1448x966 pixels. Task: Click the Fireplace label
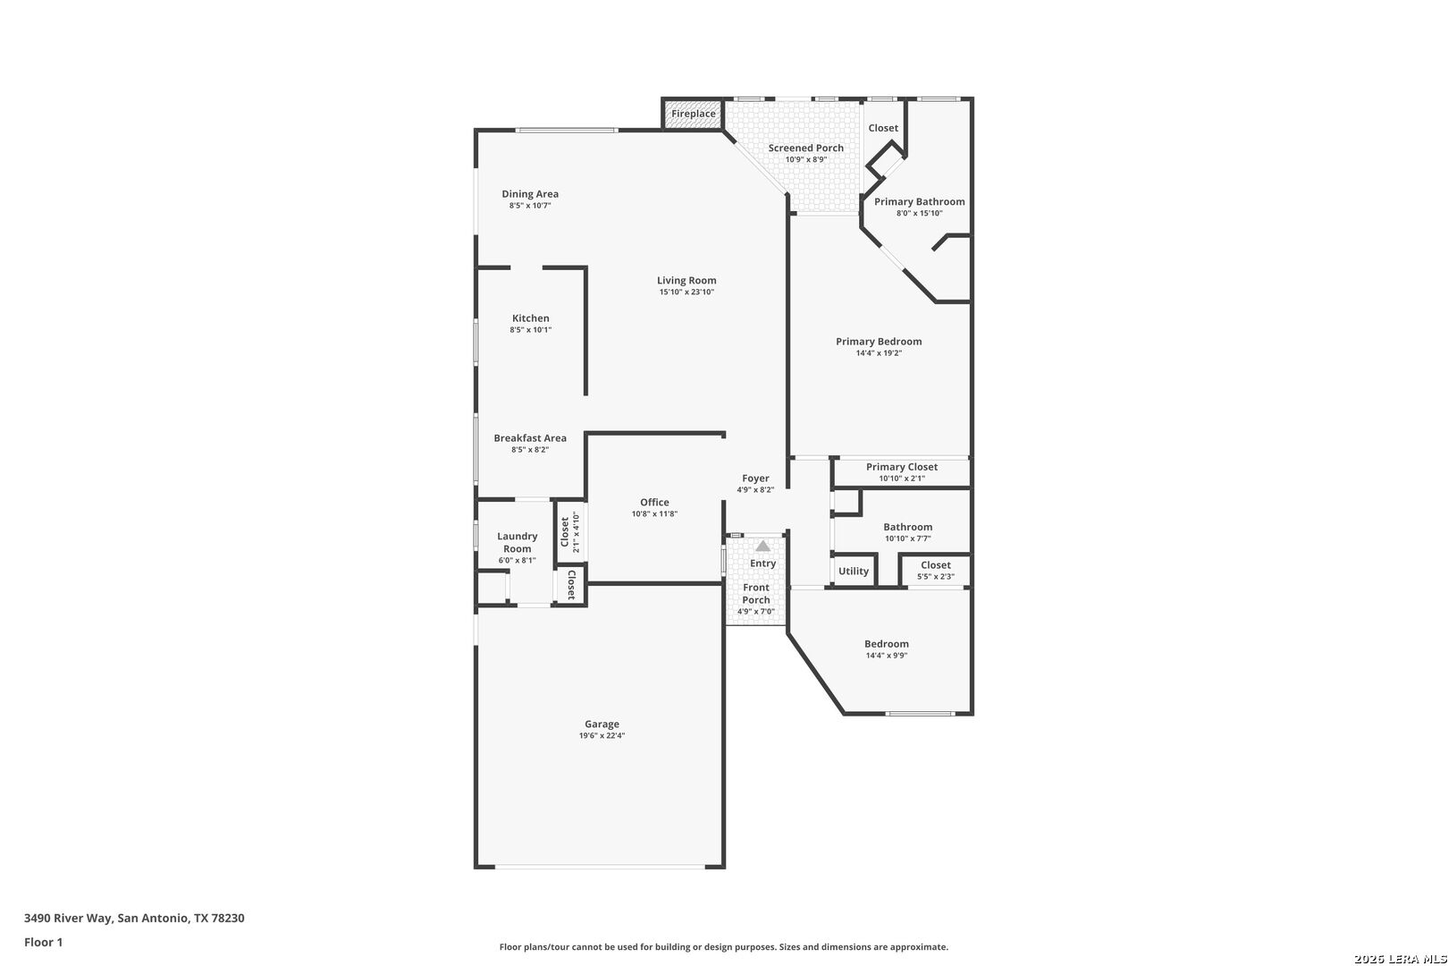pyautogui.click(x=693, y=114)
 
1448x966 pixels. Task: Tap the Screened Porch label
pyautogui.click(x=805, y=148)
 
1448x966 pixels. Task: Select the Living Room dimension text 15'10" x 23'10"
pyautogui.click(x=686, y=292)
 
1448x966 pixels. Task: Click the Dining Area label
pyautogui.click(x=530, y=194)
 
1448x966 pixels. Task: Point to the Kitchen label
pyautogui.click(x=531, y=318)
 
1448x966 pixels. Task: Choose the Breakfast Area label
pyautogui.click(x=530, y=438)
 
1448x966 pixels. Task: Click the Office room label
pyautogui.click(x=655, y=502)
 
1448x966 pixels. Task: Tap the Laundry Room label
pyautogui.click(x=518, y=542)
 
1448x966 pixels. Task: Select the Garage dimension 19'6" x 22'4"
pyautogui.click(x=602, y=735)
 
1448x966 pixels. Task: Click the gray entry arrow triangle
pyautogui.click(x=762, y=547)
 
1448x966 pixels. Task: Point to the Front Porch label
pyautogui.click(x=755, y=593)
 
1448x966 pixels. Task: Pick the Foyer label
pyautogui.click(x=755, y=479)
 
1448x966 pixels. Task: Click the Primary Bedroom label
pyautogui.click(x=879, y=342)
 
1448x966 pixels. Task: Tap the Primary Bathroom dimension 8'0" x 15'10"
pyautogui.click(x=919, y=214)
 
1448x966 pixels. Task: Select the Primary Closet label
pyautogui.click(x=902, y=467)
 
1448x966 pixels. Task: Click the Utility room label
pyautogui.click(x=854, y=572)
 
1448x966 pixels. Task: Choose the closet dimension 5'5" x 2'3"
pyautogui.click(x=935, y=577)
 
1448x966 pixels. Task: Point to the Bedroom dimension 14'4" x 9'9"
pyautogui.click(x=887, y=656)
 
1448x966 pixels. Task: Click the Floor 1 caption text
pyautogui.click(x=43, y=942)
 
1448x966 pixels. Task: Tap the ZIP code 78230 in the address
pyautogui.click(x=228, y=918)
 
